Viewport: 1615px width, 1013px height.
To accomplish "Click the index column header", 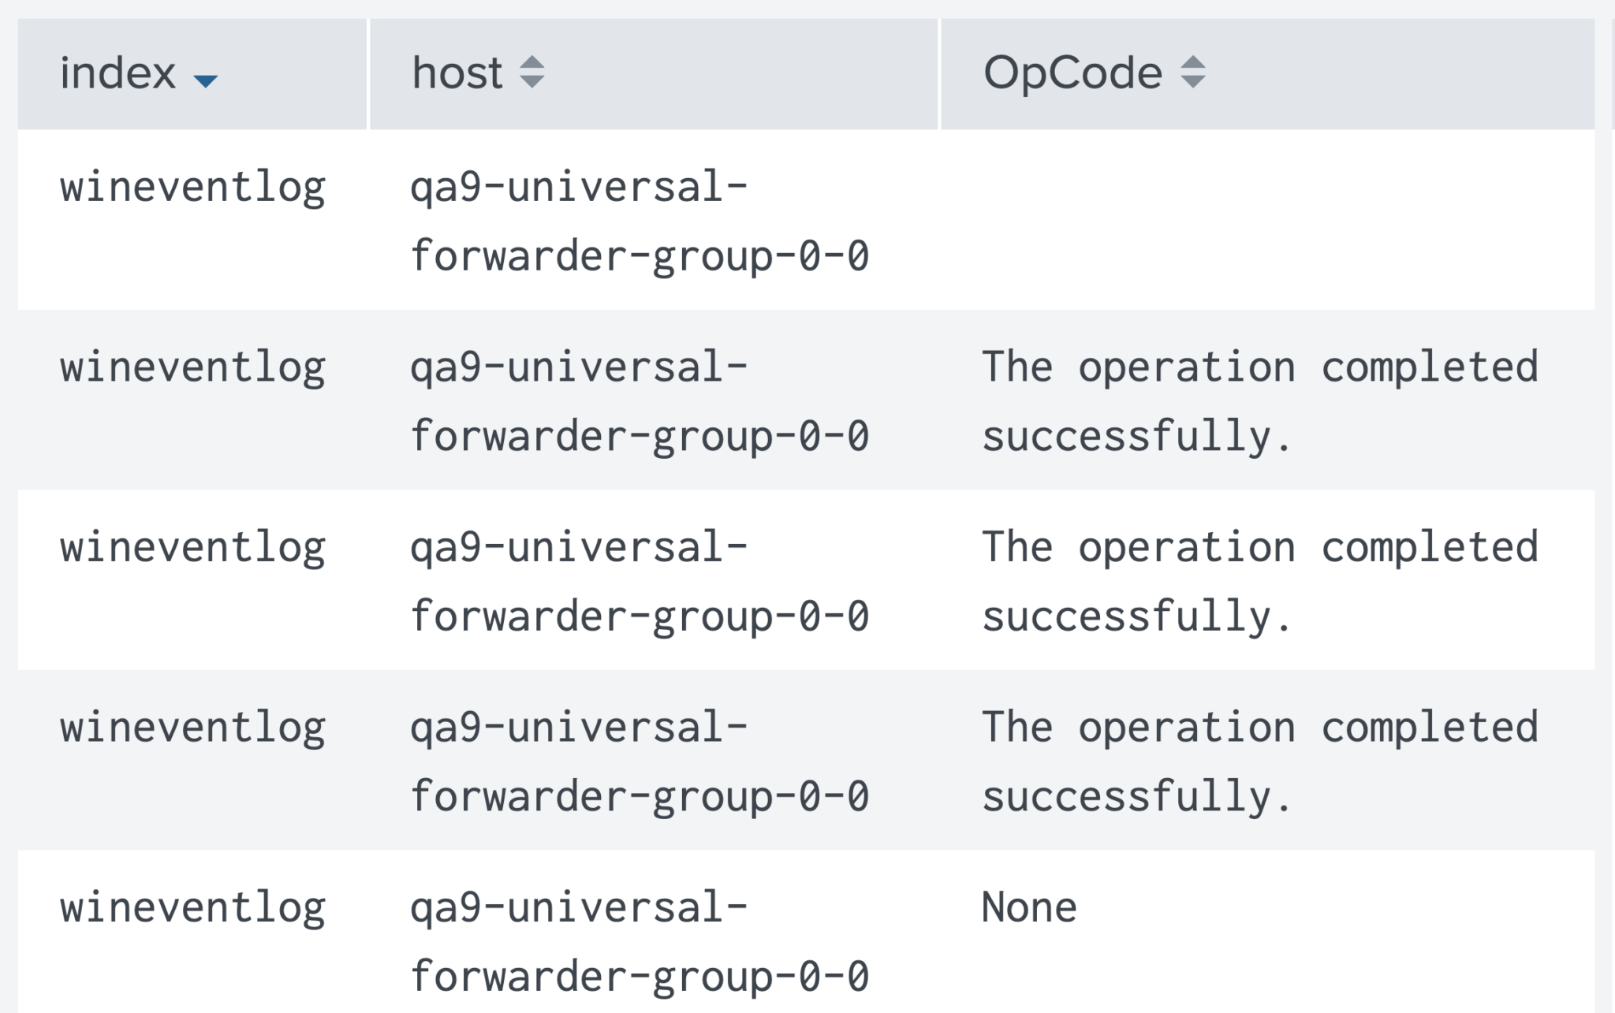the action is coord(117,73).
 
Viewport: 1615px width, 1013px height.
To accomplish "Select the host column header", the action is coord(457,73).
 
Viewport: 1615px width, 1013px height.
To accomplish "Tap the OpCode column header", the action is coord(1072,73).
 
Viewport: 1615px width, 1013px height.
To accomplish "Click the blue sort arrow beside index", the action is coord(206,80).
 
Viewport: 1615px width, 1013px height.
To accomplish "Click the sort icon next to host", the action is coord(532,73).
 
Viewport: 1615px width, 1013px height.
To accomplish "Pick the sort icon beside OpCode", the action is coord(1193,73).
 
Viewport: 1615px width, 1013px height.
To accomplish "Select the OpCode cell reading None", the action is coord(1029,907).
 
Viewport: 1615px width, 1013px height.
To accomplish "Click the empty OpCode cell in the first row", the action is coord(1267,220).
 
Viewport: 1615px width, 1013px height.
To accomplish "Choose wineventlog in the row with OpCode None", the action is coord(193,909).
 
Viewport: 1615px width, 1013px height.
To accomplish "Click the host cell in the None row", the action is coord(640,942).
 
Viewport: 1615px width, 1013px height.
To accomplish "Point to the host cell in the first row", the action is coord(640,222).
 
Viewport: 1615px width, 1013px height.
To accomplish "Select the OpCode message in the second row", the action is coord(1260,402).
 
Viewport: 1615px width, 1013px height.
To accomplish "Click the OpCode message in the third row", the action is coord(1260,582).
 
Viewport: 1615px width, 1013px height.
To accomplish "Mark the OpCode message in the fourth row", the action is coord(1260,762).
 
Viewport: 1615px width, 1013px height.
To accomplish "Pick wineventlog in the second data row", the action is coord(193,369).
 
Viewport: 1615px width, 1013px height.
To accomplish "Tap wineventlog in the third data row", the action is coord(193,549).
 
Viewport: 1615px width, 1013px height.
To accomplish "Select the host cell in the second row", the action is coord(640,402).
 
